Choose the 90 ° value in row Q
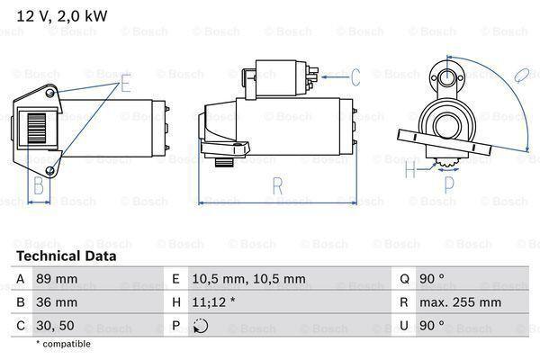pyautogui.click(x=436, y=280)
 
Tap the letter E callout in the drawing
pyautogui.click(x=125, y=85)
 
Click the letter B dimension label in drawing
pyautogui.click(x=39, y=187)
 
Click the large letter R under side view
pyautogui.click(x=278, y=187)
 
